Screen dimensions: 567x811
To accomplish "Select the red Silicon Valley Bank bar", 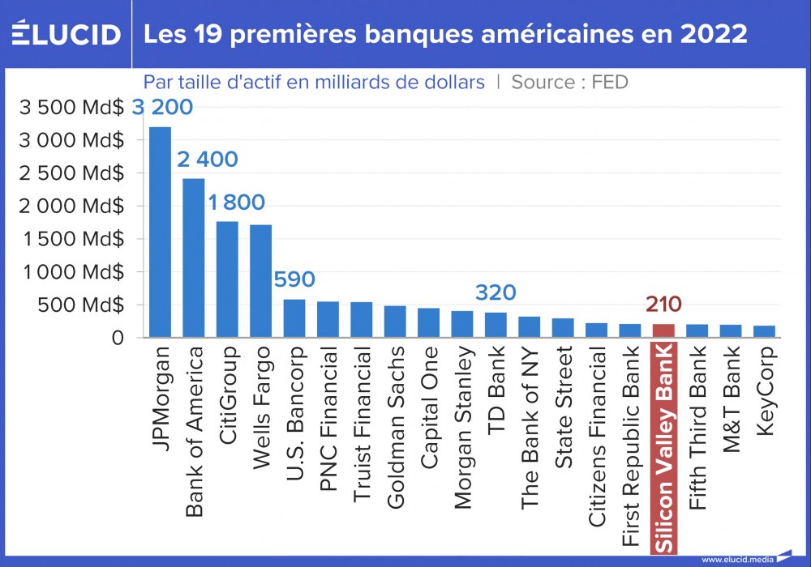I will point(663,330).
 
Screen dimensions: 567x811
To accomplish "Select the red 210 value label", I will point(663,305).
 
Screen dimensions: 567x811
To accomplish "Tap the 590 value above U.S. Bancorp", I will point(294,280).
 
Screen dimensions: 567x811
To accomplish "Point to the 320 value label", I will point(495,292).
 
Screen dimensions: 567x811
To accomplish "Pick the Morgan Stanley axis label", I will point(461,428).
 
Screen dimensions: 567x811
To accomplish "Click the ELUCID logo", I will point(67,34).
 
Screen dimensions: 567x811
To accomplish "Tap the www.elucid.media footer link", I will point(736,559).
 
